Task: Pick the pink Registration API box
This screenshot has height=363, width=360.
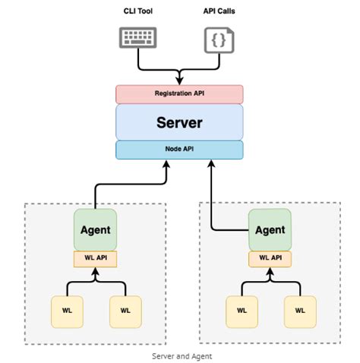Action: pyautogui.click(x=179, y=94)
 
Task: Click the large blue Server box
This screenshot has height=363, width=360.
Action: pyautogui.click(x=179, y=122)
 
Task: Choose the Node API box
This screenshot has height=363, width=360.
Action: pyautogui.click(x=179, y=149)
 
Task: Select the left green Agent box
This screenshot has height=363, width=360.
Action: pyautogui.click(x=95, y=229)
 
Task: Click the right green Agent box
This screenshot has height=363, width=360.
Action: pyautogui.click(x=270, y=229)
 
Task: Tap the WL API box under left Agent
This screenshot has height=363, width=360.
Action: pyautogui.click(x=95, y=258)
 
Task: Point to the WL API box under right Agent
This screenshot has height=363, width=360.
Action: pyautogui.click(x=270, y=258)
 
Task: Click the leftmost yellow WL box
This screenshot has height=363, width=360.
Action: pyautogui.click(x=65, y=310)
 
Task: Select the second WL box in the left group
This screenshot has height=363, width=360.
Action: pyautogui.click(x=125, y=310)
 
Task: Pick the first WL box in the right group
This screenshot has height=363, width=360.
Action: pyautogui.click(x=241, y=310)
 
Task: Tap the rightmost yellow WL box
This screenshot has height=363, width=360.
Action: pyautogui.click(x=300, y=310)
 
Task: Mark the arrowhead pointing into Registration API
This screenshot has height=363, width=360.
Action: pyautogui.click(x=179, y=80)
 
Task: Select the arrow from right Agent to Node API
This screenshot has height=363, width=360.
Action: pyautogui.click(x=211, y=205)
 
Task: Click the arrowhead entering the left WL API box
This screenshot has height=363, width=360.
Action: pyautogui.click(x=95, y=271)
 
